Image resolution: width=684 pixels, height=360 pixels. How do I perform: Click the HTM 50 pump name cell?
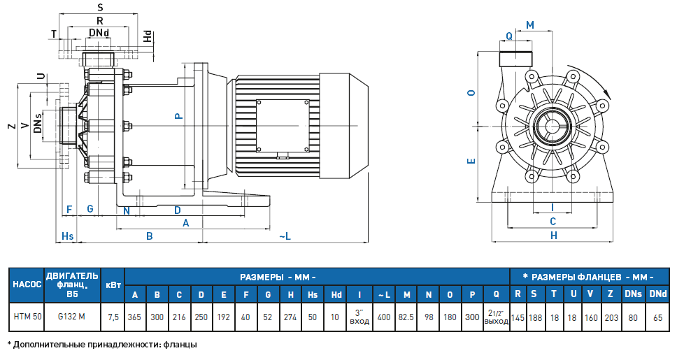pyautogui.click(x=28, y=317)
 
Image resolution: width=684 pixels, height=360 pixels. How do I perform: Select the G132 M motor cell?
pyautogui.click(x=71, y=317)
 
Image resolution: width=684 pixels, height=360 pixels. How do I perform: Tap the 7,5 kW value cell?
pyautogui.click(x=113, y=317)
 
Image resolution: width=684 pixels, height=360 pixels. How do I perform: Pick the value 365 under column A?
pyautogui.click(x=134, y=317)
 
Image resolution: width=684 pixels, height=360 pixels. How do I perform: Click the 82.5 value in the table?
pyautogui.click(x=406, y=317)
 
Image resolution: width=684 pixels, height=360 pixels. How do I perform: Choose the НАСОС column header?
pyautogui.click(x=28, y=285)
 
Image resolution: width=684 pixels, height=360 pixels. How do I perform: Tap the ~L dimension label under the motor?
pyautogui.click(x=285, y=236)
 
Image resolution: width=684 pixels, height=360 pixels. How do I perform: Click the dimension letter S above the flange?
pyautogui.click(x=100, y=7)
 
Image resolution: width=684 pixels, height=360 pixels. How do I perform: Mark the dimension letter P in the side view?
pyautogui.click(x=179, y=117)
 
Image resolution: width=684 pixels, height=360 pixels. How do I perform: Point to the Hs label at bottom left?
pyautogui.click(x=68, y=236)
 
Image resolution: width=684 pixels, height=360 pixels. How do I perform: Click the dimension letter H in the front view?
pyautogui.click(x=554, y=236)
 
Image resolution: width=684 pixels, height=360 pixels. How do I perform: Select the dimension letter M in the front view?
pyautogui.click(x=529, y=25)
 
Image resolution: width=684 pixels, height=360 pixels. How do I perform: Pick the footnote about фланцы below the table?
pyautogui.click(x=102, y=345)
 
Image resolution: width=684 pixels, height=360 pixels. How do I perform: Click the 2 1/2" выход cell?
pyautogui.click(x=495, y=317)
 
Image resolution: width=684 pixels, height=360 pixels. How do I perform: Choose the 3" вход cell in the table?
pyautogui.click(x=359, y=317)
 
